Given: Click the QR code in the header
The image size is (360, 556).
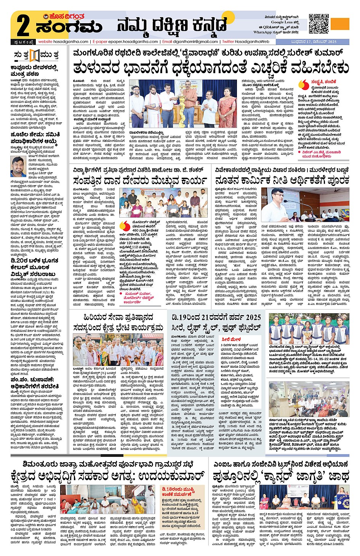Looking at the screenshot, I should [x=319, y=24].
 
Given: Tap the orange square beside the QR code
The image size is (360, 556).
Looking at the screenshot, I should [x=340, y=24].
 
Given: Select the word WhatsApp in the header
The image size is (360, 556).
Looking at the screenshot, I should [x=263, y=32].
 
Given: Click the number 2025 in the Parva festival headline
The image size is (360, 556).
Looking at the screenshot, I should [x=253, y=317].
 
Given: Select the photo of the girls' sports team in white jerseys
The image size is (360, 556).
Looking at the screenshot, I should [x=309, y=331].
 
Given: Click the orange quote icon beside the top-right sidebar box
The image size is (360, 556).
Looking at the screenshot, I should [x=304, y=84].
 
